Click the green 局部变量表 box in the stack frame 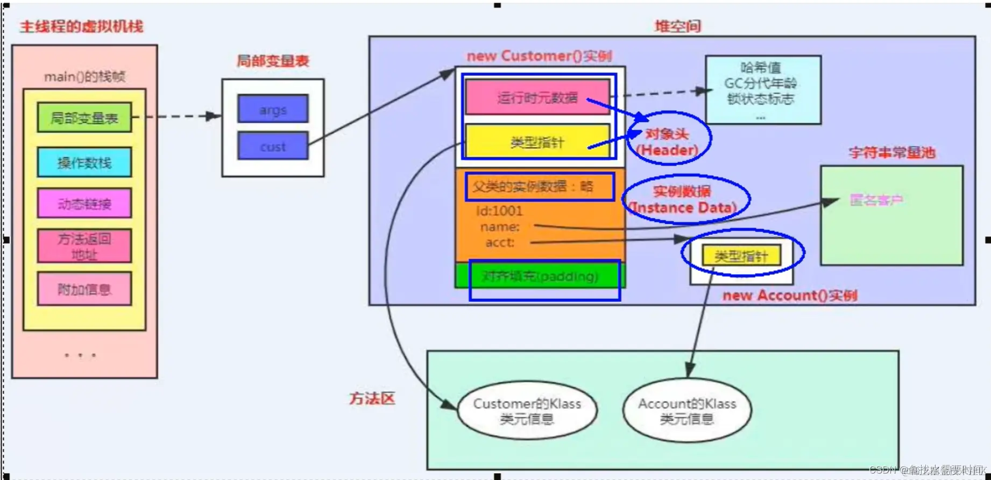point(84,118)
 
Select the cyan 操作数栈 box point(84,162)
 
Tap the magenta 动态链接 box point(84,204)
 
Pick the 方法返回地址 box point(84,246)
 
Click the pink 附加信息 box point(84,289)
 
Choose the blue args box point(273,110)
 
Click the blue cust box point(273,146)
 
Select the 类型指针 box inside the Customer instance point(537,142)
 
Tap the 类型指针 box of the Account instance point(741,256)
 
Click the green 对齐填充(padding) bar point(540,276)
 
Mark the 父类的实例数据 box point(540,187)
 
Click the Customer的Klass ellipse point(527,411)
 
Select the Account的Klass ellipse point(687,411)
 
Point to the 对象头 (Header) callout point(668,142)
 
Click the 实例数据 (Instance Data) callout point(683,199)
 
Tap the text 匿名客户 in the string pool point(876,200)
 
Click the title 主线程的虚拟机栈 point(82,26)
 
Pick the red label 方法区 point(372,398)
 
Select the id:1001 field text point(499,211)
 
